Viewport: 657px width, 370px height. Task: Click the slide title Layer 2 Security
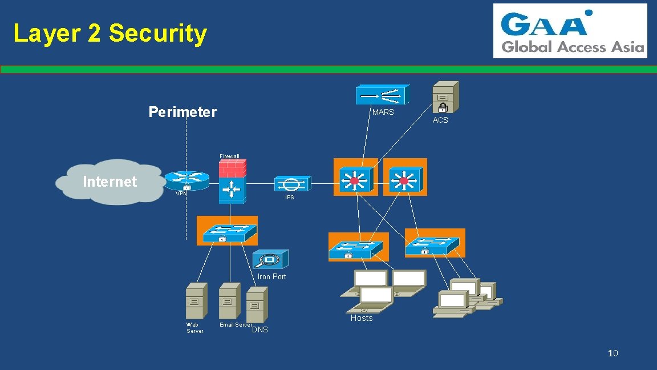[x=110, y=33]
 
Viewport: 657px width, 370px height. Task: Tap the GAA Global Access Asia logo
[x=570, y=31]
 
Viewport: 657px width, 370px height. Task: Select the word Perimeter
[x=182, y=112]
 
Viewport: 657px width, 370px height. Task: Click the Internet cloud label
[x=109, y=182]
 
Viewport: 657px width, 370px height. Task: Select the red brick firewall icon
[x=232, y=168]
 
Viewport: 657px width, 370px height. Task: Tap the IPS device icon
[x=291, y=184]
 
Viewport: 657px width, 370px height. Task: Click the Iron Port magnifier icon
[x=270, y=260]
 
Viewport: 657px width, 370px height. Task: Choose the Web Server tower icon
[x=196, y=300]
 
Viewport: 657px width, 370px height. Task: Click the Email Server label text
[x=236, y=325]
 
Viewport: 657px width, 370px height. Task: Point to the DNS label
[x=259, y=330]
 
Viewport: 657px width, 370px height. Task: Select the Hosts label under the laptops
[x=361, y=318]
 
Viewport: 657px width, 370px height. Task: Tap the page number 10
[x=613, y=353]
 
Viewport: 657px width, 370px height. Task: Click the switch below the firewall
[x=226, y=231]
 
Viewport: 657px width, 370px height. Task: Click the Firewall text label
[x=229, y=156]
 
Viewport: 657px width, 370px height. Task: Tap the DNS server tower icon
[x=257, y=304]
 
